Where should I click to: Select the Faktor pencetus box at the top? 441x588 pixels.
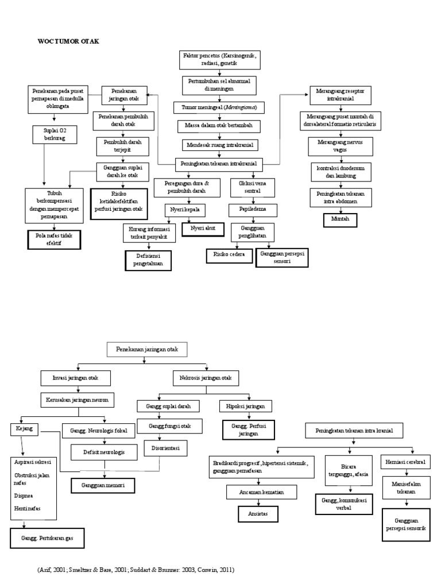click(x=221, y=58)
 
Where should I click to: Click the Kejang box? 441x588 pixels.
click(x=20, y=428)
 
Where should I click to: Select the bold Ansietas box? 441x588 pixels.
click(x=258, y=513)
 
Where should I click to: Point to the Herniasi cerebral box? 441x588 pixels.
click(x=405, y=463)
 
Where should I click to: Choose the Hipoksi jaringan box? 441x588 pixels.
click(x=246, y=407)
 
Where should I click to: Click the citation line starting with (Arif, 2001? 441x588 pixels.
click(x=136, y=570)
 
